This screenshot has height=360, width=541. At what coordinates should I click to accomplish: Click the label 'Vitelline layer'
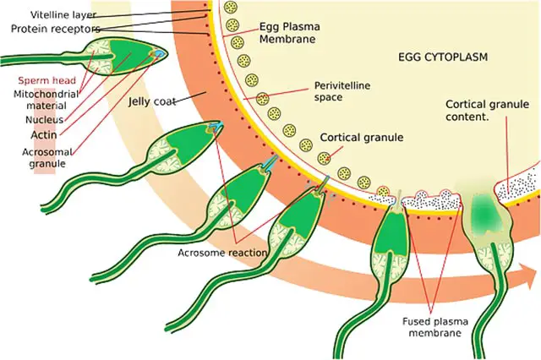pyautogui.click(x=63, y=15)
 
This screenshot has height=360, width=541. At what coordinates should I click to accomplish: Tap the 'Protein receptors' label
pyautogui.click(x=56, y=29)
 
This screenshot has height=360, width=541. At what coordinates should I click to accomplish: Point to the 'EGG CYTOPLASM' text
pyautogui.click(x=443, y=57)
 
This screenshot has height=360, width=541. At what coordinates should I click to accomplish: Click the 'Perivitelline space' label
pyautogui.click(x=342, y=91)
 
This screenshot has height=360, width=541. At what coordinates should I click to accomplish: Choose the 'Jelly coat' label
pyautogui.click(x=152, y=101)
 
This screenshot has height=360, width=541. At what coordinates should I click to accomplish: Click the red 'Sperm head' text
pyautogui.click(x=47, y=80)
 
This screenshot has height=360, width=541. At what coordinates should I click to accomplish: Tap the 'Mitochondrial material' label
pyautogui.click(x=46, y=100)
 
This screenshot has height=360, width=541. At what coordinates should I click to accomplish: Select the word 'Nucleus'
pyautogui.click(x=45, y=120)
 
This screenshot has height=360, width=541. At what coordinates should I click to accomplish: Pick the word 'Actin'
pyautogui.click(x=44, y=135)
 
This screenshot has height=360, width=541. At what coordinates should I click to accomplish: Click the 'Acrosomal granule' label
pyautogui.click(x=47, y=157)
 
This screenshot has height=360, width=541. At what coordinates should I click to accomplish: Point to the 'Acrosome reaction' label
pyautogui.click(x=222, y=253)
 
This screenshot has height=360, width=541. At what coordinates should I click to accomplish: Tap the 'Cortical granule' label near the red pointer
pyautogui.click(x=362, y=137)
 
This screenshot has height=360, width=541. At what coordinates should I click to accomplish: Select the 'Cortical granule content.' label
pyautogui.click(x=487, y=111)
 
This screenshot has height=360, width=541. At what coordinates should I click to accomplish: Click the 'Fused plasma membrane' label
pyautogui.click(x=435, y=327)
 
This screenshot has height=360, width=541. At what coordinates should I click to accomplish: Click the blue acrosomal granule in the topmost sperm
pyautogui.click(x=159, y=53)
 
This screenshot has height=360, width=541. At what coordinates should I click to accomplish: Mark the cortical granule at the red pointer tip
pyautogui.click(x=324, y=158)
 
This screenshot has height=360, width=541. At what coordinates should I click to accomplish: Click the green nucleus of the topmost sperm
pyautogui.click(x=130, y=57)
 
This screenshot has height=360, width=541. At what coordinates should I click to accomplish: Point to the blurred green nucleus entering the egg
pyautogui.click(x=484, y=210)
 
